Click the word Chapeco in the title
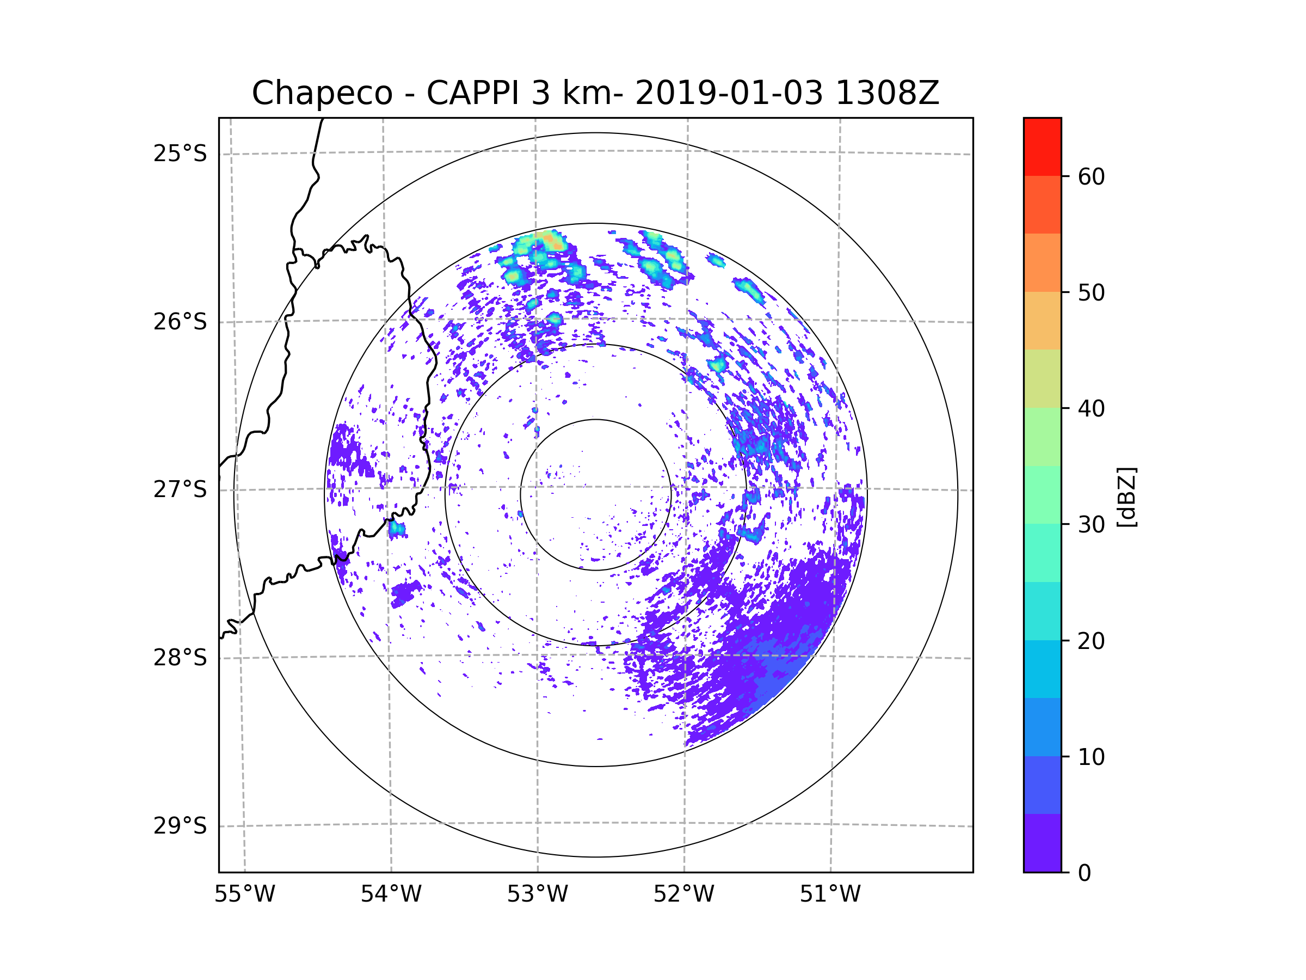(x=322, y=93)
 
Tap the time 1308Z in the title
(x=887, y=93)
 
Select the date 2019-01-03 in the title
(x=729, y=93)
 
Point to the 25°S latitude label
(x=180, y=154)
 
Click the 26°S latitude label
(x=180, y=322)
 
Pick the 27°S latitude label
(x=180, y=489)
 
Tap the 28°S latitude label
(x=180, y=658)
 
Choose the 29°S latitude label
(x=180, y=826)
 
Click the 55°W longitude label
(x=244, y=895)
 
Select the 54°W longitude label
(x=391, y=895)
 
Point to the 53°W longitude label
(x=537, y=895)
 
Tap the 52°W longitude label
(x=683, y=895)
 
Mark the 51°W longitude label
(x=830, y=895)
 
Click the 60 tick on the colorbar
(x=1091, y=176)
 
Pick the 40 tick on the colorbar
(x=1091, y=409)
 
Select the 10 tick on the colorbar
(x=1091, y=757)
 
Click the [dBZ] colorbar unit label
(x=1126, y=498)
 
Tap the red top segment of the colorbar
(x=1042, y=146)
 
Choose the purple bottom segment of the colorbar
(x=1042, y=843)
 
